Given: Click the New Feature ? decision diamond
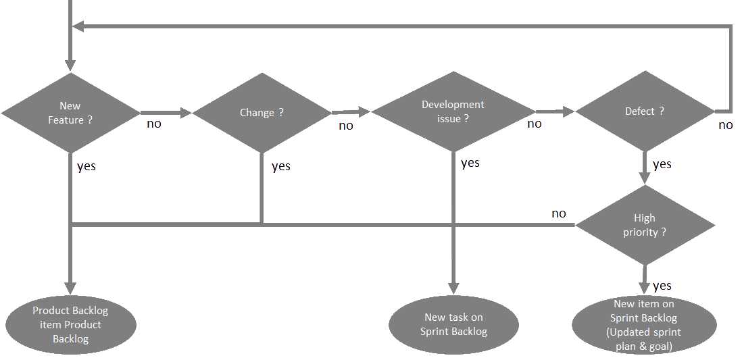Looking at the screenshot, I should [x=70, y=113].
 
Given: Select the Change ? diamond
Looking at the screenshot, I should [x=262, y=113].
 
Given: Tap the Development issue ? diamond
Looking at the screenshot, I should [x=453, y=112].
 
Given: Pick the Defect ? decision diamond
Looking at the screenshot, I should [x=645, y=111].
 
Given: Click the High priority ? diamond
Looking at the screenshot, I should [x=645, y=225].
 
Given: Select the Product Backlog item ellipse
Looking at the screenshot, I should [x=70, y=325].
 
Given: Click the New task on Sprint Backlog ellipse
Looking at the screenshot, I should [x=453, y=324].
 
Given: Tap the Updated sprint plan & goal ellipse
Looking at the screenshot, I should [x=644, y=325].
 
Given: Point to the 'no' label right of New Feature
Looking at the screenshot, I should [x=154, y=124].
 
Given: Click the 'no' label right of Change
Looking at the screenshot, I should [x=345, y=126].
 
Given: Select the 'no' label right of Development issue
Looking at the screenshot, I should [x=535, y=124].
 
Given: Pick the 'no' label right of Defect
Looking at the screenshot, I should [x=726, y=125].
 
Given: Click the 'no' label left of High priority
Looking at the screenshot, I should [x=559, y=213].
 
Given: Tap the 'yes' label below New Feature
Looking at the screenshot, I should [x=86, y=166].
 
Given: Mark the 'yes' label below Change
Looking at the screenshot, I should [x=281, y=167].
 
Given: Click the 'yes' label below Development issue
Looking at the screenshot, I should [x=470, y=163].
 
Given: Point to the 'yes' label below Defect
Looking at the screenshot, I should [x=662, y=164].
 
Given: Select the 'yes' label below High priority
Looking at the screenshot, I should [x=662, y=286].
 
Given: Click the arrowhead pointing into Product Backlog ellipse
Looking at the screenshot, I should [x=70, y=288].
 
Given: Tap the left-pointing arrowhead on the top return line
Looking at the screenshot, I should [x=78, y=26].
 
